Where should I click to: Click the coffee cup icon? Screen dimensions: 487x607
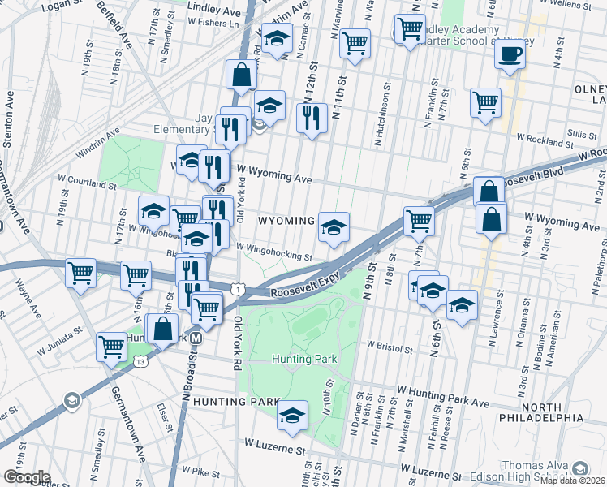(509, 54)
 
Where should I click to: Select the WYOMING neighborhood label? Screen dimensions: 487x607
(286, 221)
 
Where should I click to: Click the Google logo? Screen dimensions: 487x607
(26, 477)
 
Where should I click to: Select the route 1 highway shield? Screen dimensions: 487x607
(236, 287)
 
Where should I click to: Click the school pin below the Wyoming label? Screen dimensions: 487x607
(334, 226)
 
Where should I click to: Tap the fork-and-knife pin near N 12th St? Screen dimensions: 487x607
(312, 118)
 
